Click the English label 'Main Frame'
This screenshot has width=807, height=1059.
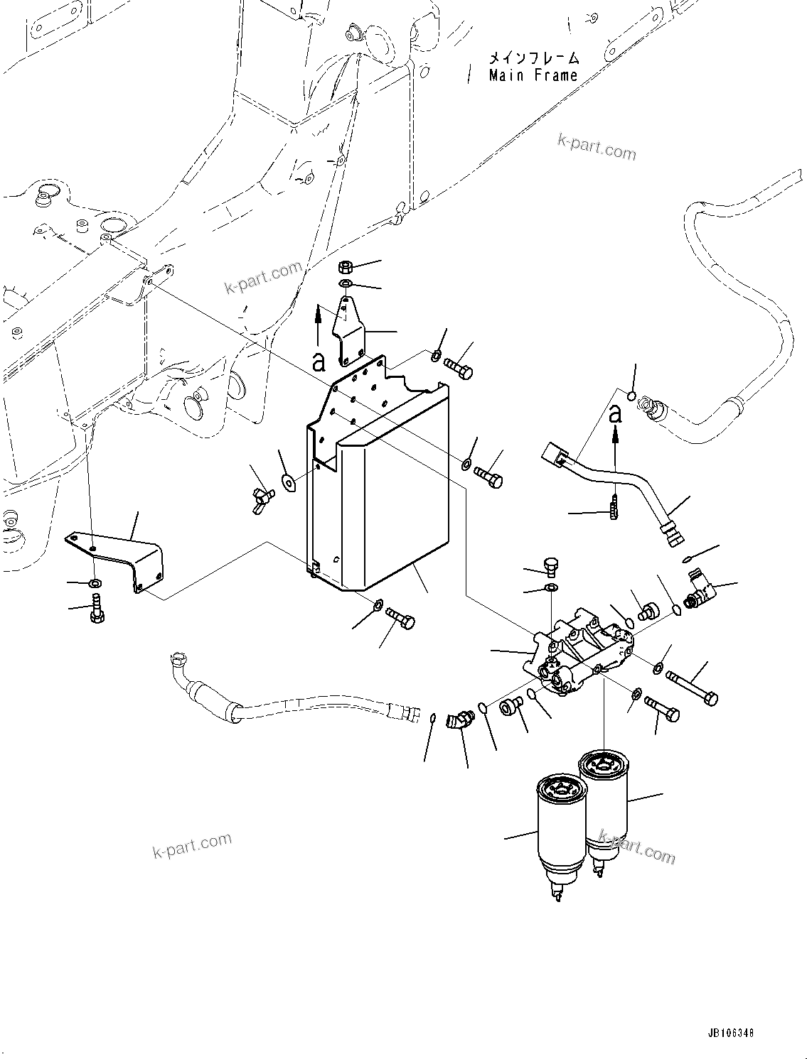point(533,75)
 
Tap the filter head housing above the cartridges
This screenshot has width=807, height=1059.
point(576,653)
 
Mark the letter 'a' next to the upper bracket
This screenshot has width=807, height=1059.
point(319,362)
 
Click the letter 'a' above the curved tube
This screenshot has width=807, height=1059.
point(616,413)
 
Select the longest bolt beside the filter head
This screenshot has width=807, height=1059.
point(693,686)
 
